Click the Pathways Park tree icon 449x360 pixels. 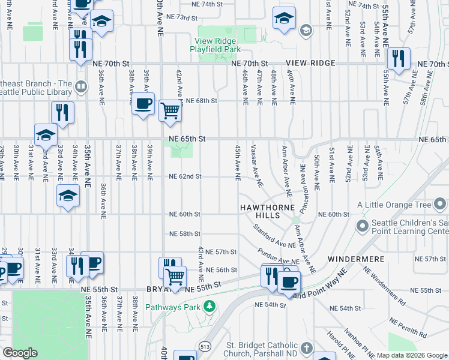click(x=209, y=307)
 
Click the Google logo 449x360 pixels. click(x=20, y=353)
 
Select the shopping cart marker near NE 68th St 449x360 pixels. click(x=170, y=110)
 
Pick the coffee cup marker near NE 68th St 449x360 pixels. click(x=143, y=103)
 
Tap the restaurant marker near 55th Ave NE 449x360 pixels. click(x=398, y=59)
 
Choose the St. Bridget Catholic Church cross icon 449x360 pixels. click(x=306, y=348)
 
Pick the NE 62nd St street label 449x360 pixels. click(x=185, y=176)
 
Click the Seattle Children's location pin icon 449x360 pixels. click(x=361, y=226)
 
